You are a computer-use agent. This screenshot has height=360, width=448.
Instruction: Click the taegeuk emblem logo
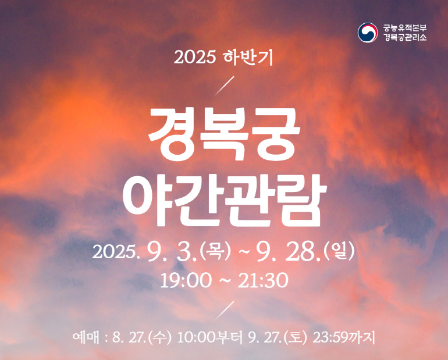[x=368, y=33]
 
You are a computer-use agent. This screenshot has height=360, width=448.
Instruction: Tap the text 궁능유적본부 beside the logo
[x=405, y=28]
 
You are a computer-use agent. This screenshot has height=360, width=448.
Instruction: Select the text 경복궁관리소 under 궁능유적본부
[x=405, y=37]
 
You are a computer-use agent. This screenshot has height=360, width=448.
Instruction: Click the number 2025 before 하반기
[x=194, y=58]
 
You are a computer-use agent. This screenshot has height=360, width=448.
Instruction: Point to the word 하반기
[x=248, y=57]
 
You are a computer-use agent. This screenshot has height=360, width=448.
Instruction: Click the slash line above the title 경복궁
[x=225, y=85]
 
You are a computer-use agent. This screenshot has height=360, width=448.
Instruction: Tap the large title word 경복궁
[x=224, y=134]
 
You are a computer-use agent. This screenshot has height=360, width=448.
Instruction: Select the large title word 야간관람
[x=225, y=200]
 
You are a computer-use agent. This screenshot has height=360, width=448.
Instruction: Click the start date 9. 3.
[x=172, y=252]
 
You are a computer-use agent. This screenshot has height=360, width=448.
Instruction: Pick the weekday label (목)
[x=215, y=251]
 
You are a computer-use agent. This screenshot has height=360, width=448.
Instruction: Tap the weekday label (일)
[x=339, y=251]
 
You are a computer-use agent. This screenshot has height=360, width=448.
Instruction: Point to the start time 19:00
[x=186, y=280]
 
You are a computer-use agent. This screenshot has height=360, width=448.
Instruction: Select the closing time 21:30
[x=263, y=280]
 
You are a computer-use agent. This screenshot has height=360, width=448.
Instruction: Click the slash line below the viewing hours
[x=225, y=311]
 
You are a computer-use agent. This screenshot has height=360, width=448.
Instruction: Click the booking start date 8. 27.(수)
[x=142, y=338]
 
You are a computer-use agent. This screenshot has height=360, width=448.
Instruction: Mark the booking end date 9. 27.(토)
[x=278, y=338]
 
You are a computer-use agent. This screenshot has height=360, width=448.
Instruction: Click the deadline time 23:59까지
[x=344, y=338]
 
